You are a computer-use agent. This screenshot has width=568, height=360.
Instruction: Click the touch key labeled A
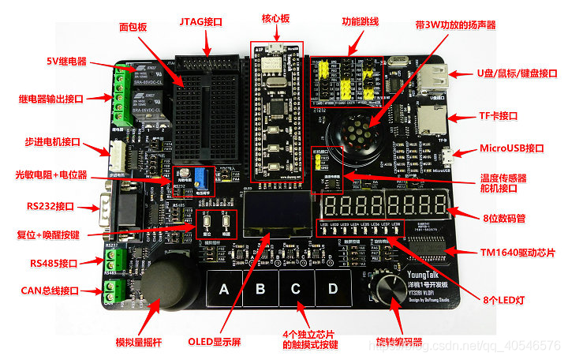tap(224, 290)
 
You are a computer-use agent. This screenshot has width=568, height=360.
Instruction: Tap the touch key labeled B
tap(260, 290)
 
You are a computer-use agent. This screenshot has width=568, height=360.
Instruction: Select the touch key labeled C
tap(295, 290)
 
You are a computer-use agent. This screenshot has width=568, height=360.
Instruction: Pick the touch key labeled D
tap(331, 290)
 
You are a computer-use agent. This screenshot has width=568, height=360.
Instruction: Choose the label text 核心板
tap(276, 18)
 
